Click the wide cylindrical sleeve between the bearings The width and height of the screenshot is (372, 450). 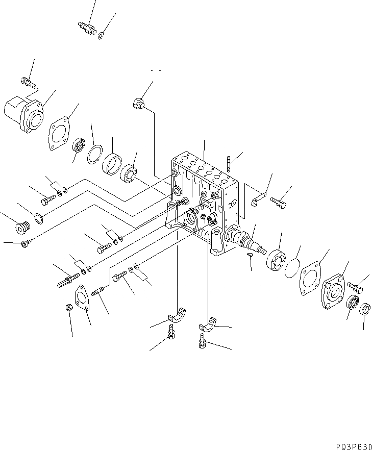(112, 165)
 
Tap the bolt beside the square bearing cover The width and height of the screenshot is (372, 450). (355, 287)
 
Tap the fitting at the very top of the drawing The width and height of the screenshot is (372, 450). (88, 27)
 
